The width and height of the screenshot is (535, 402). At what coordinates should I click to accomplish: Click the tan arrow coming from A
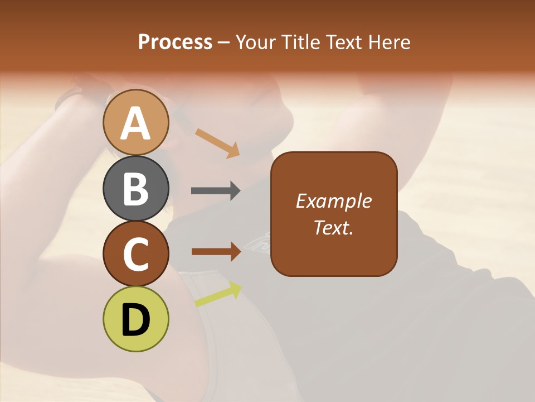pyautogui.click(x=217, y=143)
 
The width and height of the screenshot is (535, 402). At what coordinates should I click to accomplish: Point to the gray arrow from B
pyautogui.click(x=216, y=191)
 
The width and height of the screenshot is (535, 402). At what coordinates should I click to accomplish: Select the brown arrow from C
pyautogui.click(x=216, y=251)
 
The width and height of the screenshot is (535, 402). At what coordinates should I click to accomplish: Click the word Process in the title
pyautogui.click(x=175, y=42)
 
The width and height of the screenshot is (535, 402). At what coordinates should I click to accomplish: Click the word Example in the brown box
pyautogui.click(x=333, y=201)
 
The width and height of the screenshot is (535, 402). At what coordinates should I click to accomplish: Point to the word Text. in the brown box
pyautogui.click(x=333, y=227)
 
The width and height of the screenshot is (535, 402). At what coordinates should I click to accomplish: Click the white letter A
pyautogui.click(x=135, y=123)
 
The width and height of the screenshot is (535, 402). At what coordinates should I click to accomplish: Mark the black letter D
pyautogui.click(x=135, y=320)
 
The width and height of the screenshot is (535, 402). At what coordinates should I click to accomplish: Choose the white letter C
pyautogui.click(x=135, y=255)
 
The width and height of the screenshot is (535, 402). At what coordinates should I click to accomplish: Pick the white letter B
pyautogui.click(x=135, y=189)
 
